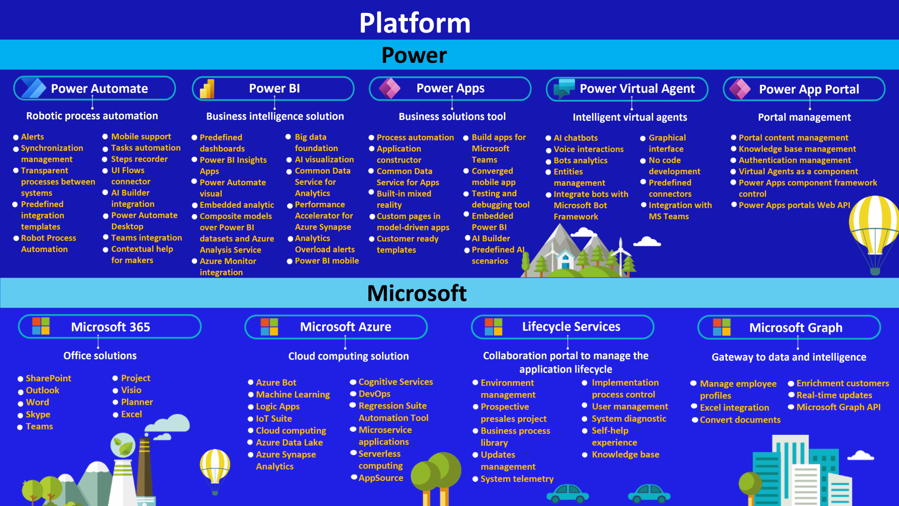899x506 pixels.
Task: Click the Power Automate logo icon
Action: [33, 88]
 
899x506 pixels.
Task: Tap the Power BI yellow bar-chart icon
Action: [207, 89]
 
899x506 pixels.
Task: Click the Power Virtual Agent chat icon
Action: [564, 88]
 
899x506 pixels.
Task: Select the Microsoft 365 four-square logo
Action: [41, 326]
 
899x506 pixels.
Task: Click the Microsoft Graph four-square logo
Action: [722, 327]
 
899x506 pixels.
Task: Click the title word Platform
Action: [415, 23]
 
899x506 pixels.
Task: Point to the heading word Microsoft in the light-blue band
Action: [417, 293]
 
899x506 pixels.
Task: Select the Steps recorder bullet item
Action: [139, 159]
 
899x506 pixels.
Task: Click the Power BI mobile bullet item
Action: [327, 260]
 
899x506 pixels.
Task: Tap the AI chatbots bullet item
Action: [575, 138]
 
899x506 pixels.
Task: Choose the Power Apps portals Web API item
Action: [794, 205]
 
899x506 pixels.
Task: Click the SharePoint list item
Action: [48, 378]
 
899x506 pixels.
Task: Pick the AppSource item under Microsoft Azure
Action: [381, 478]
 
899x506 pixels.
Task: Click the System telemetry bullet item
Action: [517, 479]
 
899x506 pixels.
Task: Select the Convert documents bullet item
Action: [740, 419]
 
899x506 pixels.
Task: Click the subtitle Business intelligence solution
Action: [275, 116]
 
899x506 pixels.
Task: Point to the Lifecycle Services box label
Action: [571, 326]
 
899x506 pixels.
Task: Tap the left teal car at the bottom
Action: [568, 493]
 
